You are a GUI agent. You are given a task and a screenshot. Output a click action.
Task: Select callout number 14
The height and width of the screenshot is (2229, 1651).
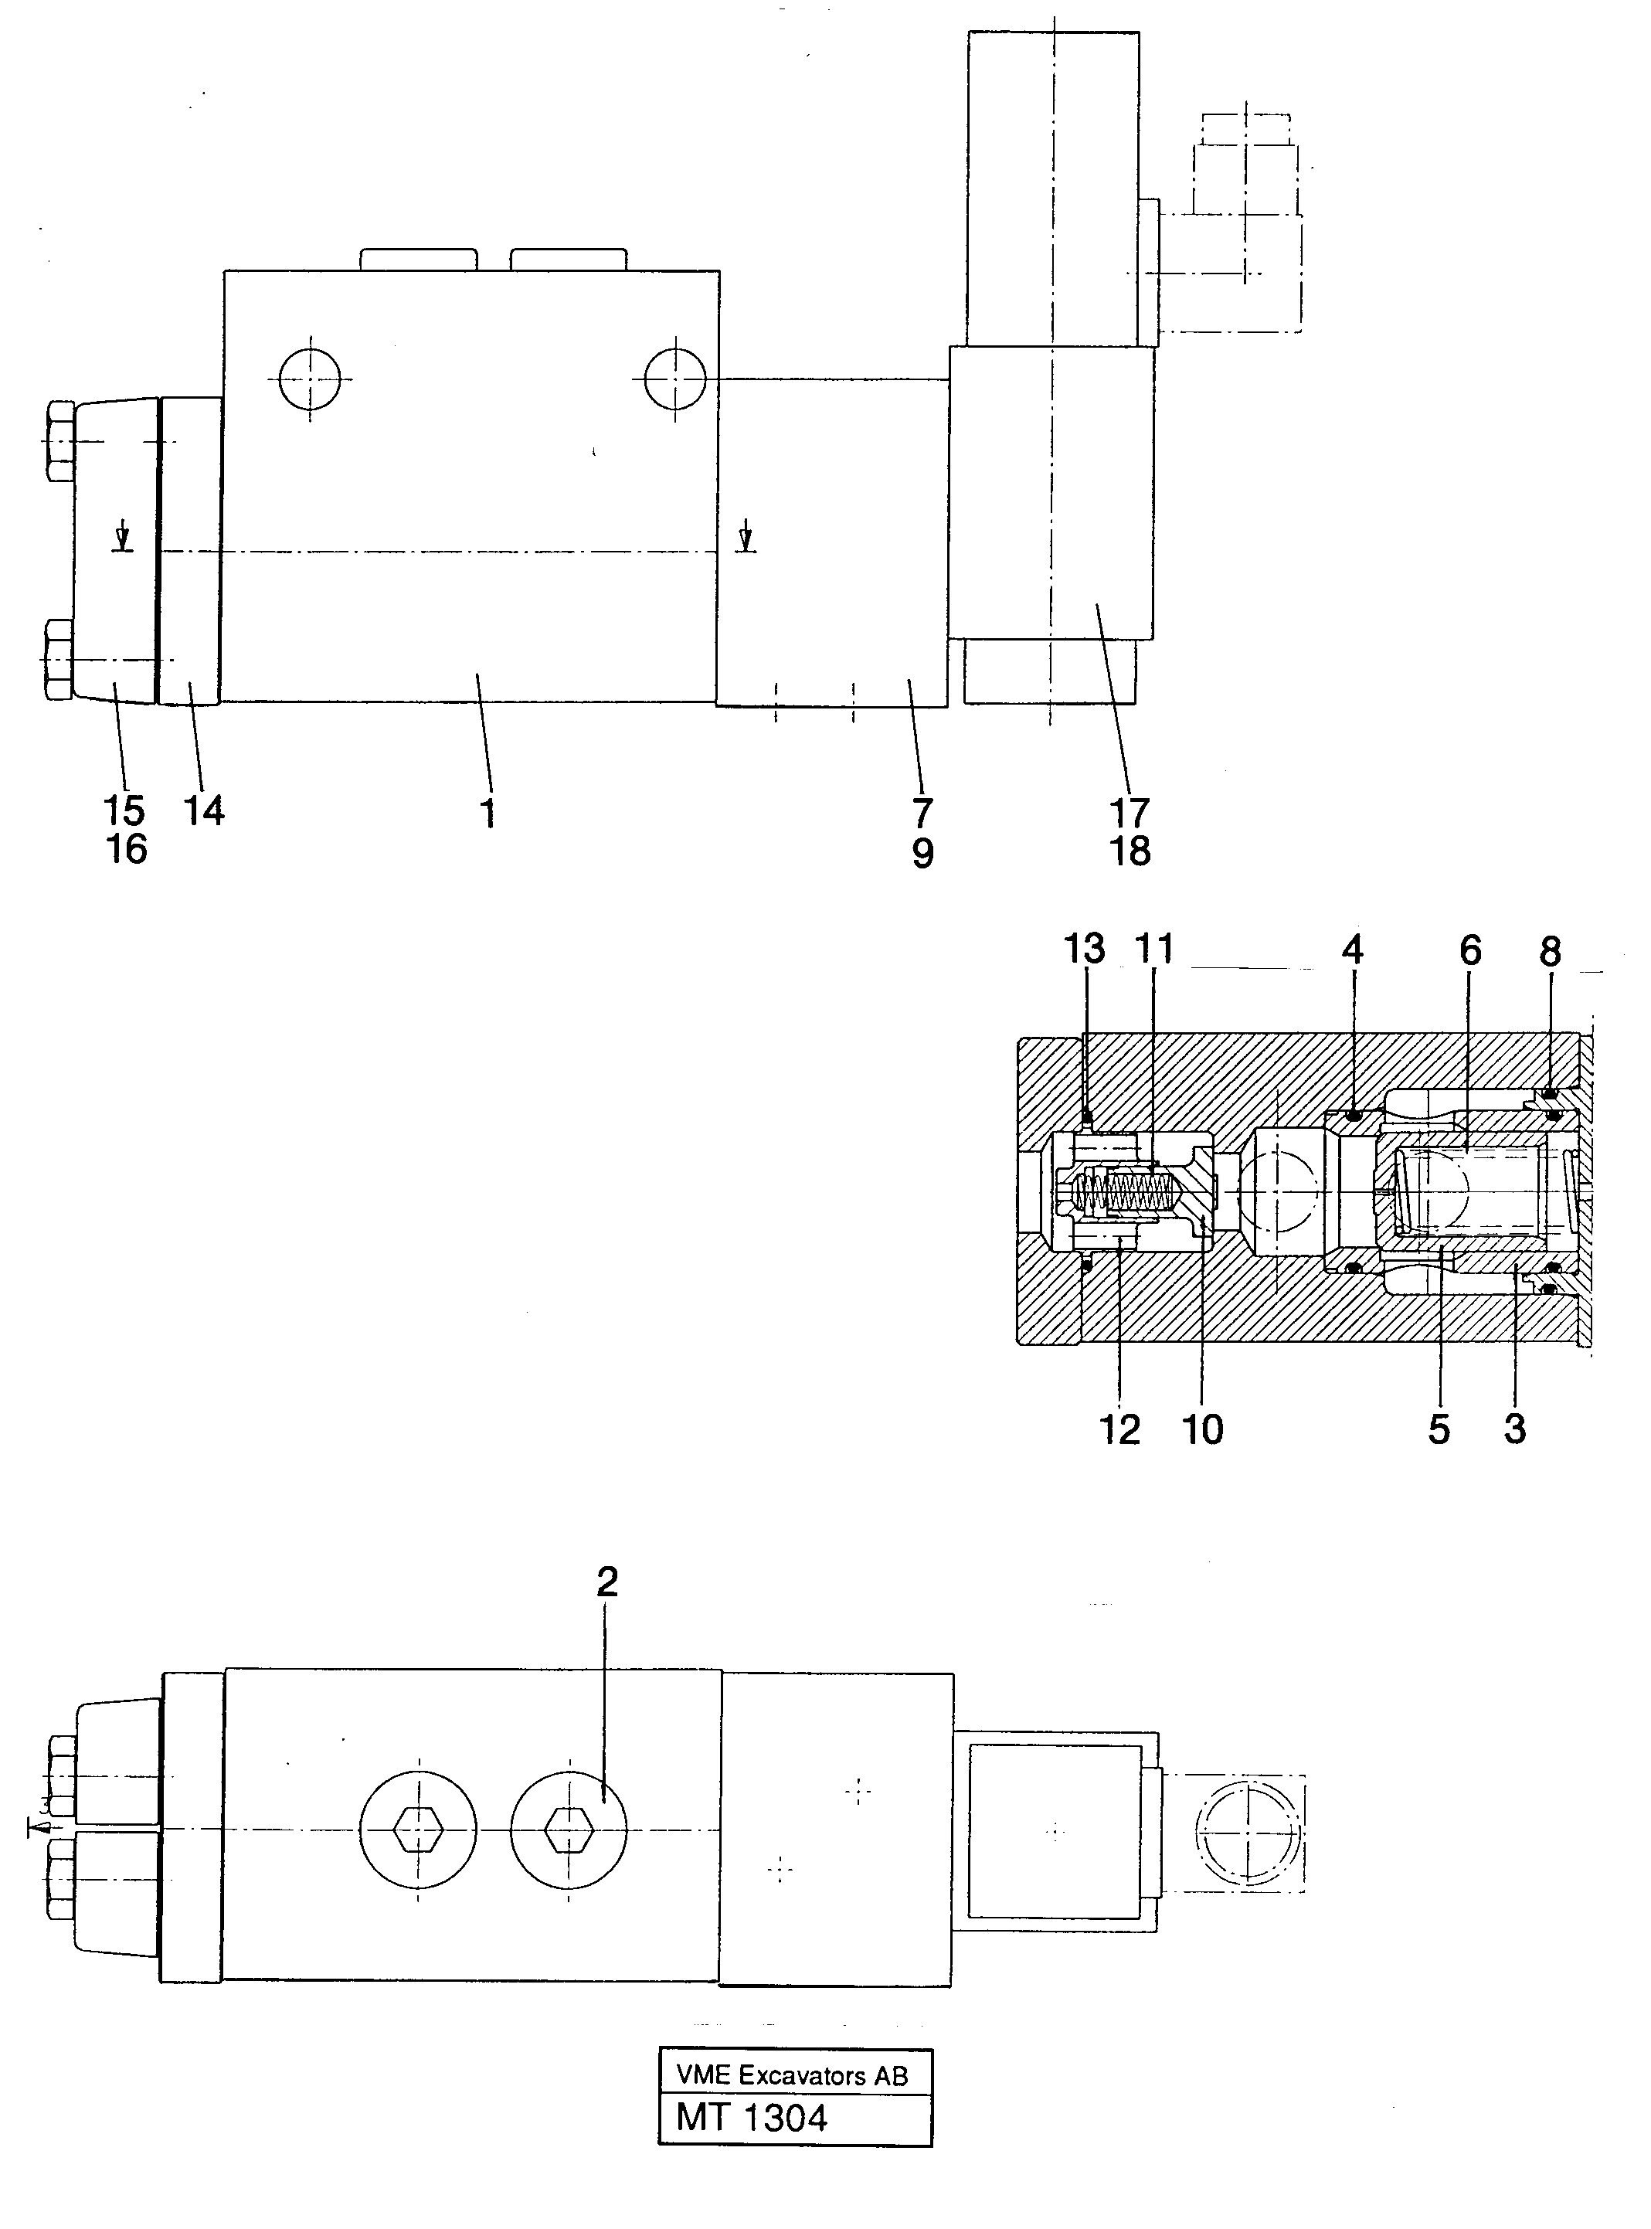pyautogui.click(x=204, y=810)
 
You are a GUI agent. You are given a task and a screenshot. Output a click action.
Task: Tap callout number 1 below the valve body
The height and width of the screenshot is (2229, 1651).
pyautogui.click(x=487, y=814)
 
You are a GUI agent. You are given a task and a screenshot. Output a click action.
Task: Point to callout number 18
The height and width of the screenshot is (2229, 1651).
pyautogui.click(x=1130, y=851)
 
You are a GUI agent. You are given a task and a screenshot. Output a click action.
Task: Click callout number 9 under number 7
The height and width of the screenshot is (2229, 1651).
pyautogui.click(x=922, y=854)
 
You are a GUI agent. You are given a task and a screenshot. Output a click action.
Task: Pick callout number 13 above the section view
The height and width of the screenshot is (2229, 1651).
pyautogui.click(x=1085, y=949)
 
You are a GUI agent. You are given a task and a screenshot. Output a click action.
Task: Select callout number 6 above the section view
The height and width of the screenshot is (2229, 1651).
pyautogui.click(x=1470, y=950)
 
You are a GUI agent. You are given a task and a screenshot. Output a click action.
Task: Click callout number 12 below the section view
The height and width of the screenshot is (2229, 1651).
pyautogui.click(x=1119, y=1430)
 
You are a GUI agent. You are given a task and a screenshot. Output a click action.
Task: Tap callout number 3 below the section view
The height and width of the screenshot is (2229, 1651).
pyautogui.click(x=1514, y=1429)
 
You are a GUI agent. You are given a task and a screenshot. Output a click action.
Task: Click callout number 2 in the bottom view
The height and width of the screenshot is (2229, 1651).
pyautogui.click(x=606, y=1582)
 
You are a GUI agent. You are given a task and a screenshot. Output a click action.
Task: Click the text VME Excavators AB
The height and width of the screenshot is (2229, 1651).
pyautogui.click(x=792, y=2076)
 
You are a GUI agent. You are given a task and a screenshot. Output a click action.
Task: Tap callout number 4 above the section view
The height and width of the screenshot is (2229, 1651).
pyautogui.click(x=1352, y=950)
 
